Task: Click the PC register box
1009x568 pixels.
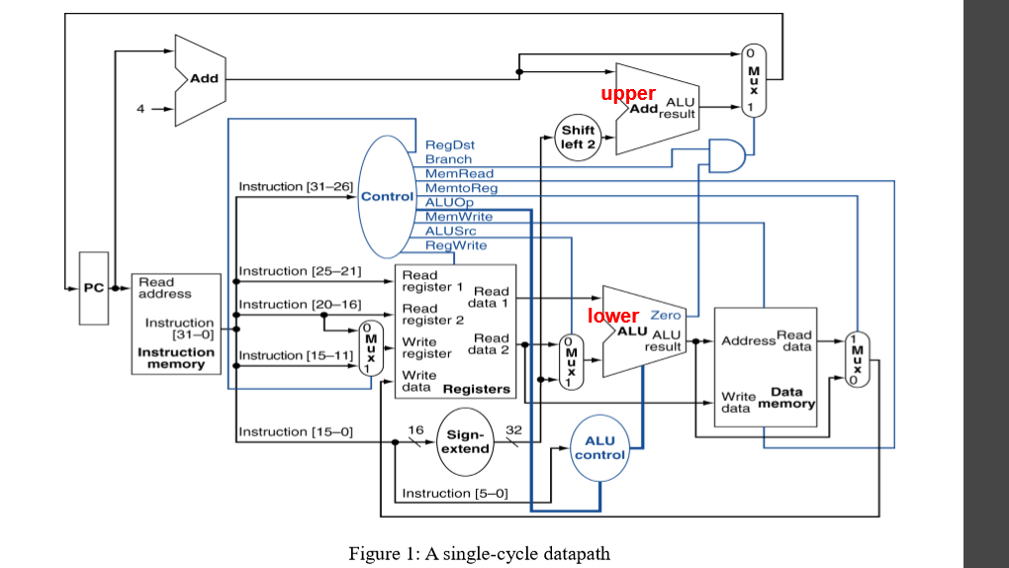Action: pyautogui.click(x=94, y=288)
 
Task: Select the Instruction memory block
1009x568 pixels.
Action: pyautogui.click(x=176, y=325)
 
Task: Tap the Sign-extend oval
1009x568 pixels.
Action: pyautogui.click(x=465, y=441)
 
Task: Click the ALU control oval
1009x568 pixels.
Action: pyautogui.click(x=599, y=447)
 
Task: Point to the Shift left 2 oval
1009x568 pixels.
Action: pyautogui.click(x=578, y=137)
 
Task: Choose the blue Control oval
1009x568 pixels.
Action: pyautogui.click(x=386, y=196)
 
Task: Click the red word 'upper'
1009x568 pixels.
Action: pyautogui.click(x=628, y=93)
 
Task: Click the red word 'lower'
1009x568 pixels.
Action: pyautogui.click(x=613, y=316)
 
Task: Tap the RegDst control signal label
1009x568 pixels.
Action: pyautogui.click(x=449, y=145)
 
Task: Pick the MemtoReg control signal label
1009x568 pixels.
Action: pyautogui.click(x=461, y=188)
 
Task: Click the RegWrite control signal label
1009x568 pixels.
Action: pyautogui.click(x=455, y=245)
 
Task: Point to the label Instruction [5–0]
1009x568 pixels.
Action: pyautogui.click(x=454, y=493)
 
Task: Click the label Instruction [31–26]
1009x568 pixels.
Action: pyautogui.click(x=296, y=186)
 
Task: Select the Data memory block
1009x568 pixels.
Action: pyautogui.click(x=765, y=366)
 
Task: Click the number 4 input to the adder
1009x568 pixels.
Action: pyautogui.click(x=140, y=109)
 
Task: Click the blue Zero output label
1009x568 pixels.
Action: pyautogui.click(x=665, y=315)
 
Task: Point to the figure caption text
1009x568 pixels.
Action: pyautogui.click(x=479, y=553)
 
